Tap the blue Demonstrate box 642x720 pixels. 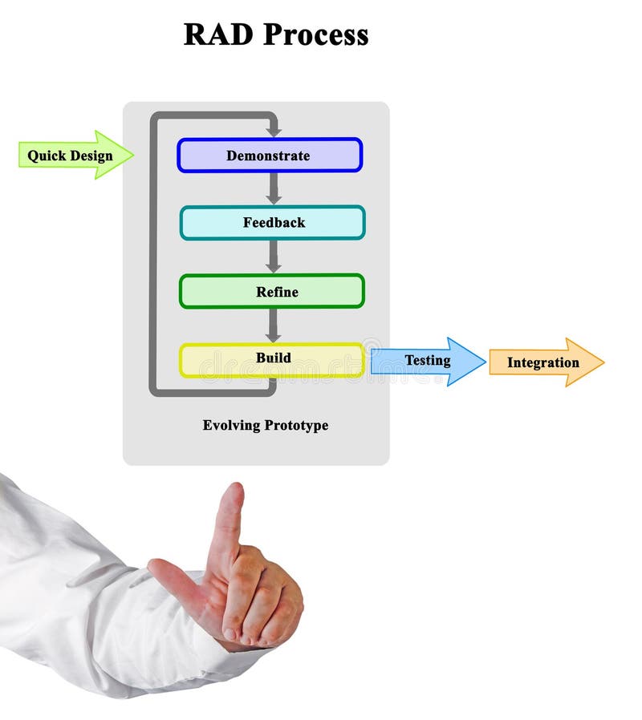pyautogui.click(x=269, y=156)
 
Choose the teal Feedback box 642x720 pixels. pyautogui.click(x=272, y=223)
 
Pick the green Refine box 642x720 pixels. pyautogui.click(x=271, y=292)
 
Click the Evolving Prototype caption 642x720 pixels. pyautogui.click(x=265, y=425)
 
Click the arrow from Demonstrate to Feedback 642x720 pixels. pyautogui.click(x=274, y=188)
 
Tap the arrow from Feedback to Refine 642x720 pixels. pyautogui.click(x=274, y=257)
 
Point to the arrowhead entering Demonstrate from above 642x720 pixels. pyautogui.click(x=274, y=130)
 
